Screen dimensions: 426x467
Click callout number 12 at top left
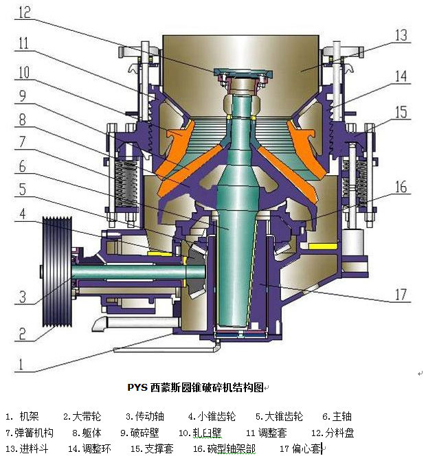click(x=25, y=12)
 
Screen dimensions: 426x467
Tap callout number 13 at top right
click(x=401, y=36)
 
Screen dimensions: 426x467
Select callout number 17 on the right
click(x=401, y=295)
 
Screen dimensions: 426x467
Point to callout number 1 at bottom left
click(x=21, y=364)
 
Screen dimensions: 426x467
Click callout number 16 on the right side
click(x=401, y=187)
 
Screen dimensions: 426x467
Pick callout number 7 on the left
click(x=23, y=141)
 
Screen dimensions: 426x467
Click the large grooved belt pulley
click(x=57, y=272)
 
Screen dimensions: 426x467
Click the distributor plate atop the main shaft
click(x=243, y=73)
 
